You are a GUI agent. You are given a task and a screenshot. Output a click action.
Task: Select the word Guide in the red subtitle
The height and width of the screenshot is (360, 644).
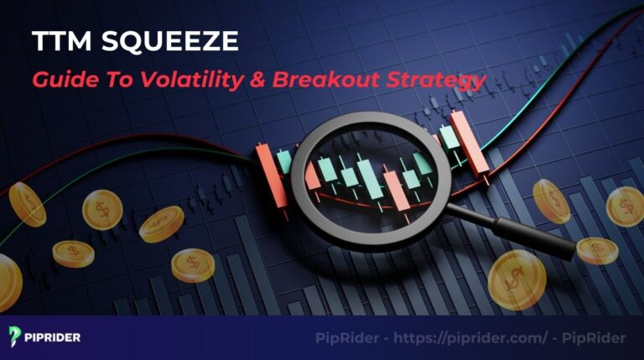coord(61,81)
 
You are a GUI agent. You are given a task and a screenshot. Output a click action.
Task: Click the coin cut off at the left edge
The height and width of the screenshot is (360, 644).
coord(7,281)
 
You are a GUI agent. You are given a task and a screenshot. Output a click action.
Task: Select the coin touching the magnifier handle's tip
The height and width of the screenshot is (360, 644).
coord(596,250)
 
